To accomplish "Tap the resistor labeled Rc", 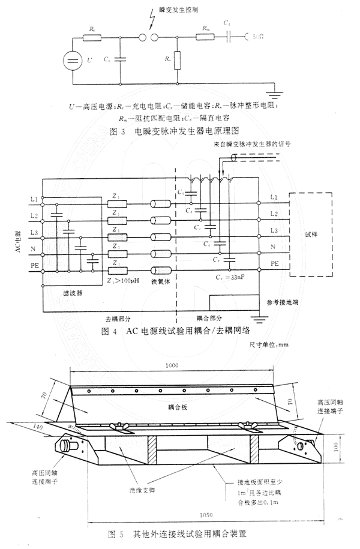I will click(x=92, y=38).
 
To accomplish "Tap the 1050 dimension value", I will click(x=208, y=516).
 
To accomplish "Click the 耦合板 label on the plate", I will click(x=177, y=406).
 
